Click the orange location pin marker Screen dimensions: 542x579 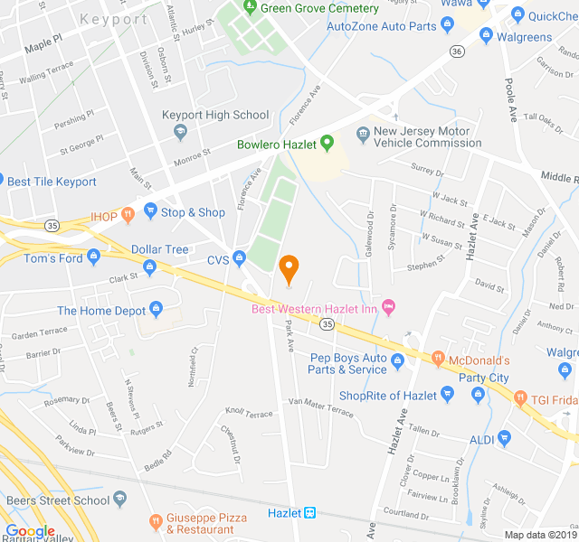click(x=289, y=268)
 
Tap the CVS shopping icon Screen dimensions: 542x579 click(x=239, y=259)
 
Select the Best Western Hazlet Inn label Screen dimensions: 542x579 click(x=314, y=309)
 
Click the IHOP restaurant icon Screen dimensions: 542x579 click(x=128, y=215)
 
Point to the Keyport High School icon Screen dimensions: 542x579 click(x=179, y=132)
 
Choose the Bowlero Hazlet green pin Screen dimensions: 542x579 click(x=327, y=143)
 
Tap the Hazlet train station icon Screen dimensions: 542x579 click(x=309, y=513)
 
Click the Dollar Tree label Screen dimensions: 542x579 click(x=159, y=249)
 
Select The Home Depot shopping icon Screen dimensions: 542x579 click(x=156, y=311)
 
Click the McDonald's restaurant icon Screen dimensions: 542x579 click(x=437, y=360)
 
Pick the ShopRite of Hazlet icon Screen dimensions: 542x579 click(x=446, y=394)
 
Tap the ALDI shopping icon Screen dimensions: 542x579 click(x=504, y=439)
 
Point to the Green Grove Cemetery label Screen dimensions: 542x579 click(x=318, y=8)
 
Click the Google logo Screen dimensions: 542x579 click(x=30, y=531)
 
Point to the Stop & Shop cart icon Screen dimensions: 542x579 click(x=149, y=212)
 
